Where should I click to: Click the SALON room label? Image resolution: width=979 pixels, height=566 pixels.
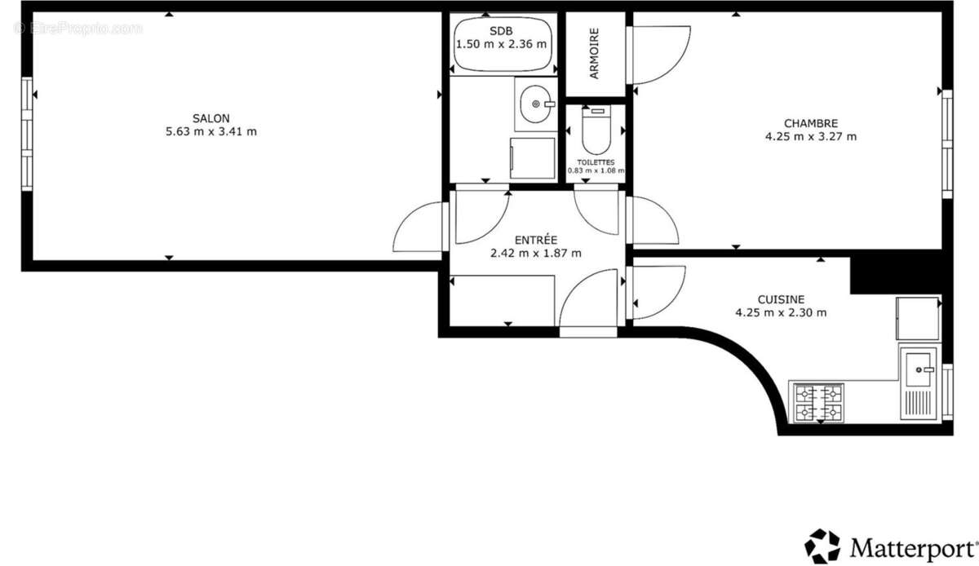[210, 117]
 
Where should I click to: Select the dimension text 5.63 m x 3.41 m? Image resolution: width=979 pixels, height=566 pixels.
[210, 131]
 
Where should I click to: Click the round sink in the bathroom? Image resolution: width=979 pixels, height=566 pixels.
[535, 104]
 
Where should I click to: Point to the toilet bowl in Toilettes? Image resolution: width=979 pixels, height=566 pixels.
[597, 135]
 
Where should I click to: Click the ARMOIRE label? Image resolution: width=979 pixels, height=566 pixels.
[595, 54]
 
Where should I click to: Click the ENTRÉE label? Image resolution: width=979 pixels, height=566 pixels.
[536, 240]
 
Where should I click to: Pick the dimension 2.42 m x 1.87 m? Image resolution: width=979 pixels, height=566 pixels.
[536, 253]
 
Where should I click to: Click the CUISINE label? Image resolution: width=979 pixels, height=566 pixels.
[781, 299]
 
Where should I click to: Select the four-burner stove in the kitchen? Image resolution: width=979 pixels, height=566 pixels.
[818, 403]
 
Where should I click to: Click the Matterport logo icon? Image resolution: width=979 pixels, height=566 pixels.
[822, 546]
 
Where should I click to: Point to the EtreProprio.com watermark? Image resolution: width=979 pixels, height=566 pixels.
[78, 29]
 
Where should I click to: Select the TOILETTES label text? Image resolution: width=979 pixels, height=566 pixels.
[596, 162]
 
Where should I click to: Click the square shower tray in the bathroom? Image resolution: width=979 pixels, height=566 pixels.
[532, 157]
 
